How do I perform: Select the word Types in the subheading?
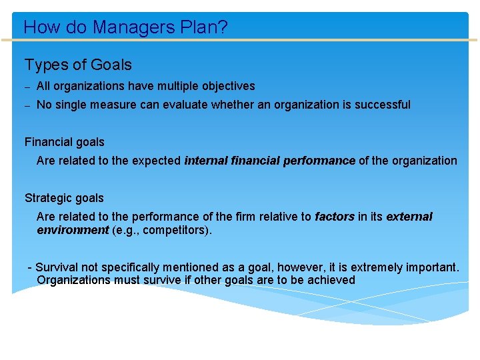[x=46, y=65]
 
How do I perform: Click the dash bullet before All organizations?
[x=28, y=87]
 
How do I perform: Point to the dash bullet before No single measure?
[x=28, y=105]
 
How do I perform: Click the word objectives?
[x=223, y=86]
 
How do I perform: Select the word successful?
[x=381, y=105]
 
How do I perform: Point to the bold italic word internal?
[x=206, y=161]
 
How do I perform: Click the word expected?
[x=159, y=161]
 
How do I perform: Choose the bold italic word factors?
[x=334, y=217]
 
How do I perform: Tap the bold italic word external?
[x=409, y=217]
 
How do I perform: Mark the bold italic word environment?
[x=73, y=230]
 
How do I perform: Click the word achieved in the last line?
[x=331, y=280]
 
